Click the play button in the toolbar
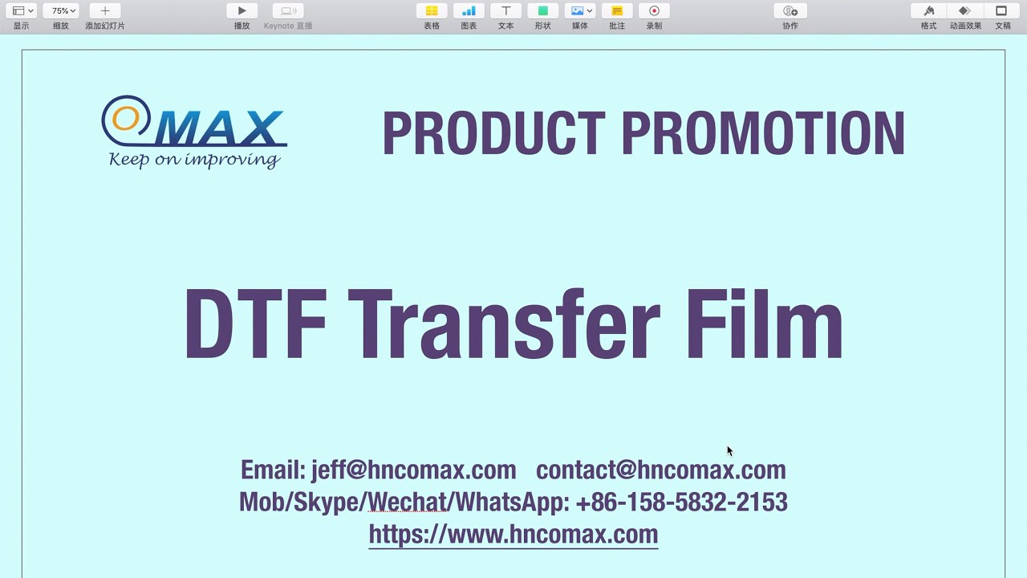click(242, 11)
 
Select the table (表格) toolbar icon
click(432, 11)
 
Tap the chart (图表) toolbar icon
click(469, 11)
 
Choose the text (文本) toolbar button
click(505, 11)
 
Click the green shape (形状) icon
click(542, 11)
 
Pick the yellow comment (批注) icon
click(617, 11)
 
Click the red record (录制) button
click(654, 11)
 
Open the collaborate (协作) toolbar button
click(790, 11)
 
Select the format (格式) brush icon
click(928, 11)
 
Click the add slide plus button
click(105, 11)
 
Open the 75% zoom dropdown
click(61, 11)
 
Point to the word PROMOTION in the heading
click(763, 133)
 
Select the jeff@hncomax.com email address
click(413, 470)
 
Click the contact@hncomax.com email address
click(660, 470)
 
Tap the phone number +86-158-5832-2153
click(681, 503)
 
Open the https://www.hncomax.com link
click(513, 534)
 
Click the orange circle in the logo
click(125, 118)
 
